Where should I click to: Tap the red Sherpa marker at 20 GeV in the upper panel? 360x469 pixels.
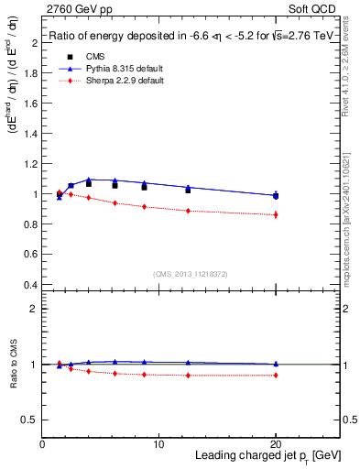pos(276,214)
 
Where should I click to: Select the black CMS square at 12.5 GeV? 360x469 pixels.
pos(188,190)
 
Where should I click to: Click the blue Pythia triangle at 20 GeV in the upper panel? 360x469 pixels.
pos(276,194)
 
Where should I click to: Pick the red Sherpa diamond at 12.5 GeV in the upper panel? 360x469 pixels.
pos(188,211)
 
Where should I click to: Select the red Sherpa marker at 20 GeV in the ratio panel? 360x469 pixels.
pos(276,376)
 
